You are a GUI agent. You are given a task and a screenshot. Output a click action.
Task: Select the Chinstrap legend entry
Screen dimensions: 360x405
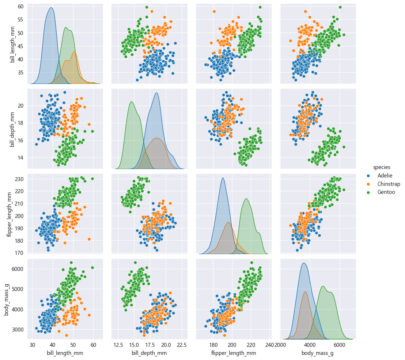tap(388, 184)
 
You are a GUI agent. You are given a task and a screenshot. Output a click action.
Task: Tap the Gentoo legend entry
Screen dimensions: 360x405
tap(386, 192)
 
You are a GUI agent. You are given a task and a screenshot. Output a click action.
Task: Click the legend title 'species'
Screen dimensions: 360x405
tap(382, 167)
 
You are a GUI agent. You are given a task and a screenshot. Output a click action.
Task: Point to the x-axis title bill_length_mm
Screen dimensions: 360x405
tap(65, 353)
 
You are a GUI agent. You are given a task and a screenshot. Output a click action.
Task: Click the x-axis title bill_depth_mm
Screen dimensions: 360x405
tap(149, 353)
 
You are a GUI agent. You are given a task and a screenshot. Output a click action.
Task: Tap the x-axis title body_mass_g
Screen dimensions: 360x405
tap(317, 353)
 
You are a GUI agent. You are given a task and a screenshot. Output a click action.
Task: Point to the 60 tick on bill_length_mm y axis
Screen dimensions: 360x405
tap(21, 7)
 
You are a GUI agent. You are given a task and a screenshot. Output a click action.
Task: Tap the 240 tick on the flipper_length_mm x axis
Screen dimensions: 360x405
tap(270, 345)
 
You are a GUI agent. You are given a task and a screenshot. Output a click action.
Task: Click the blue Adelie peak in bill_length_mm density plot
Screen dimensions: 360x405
tap(51, 8)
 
